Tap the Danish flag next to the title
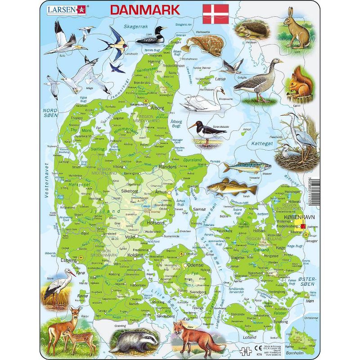coord(216,14)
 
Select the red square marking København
coord(303,226)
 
